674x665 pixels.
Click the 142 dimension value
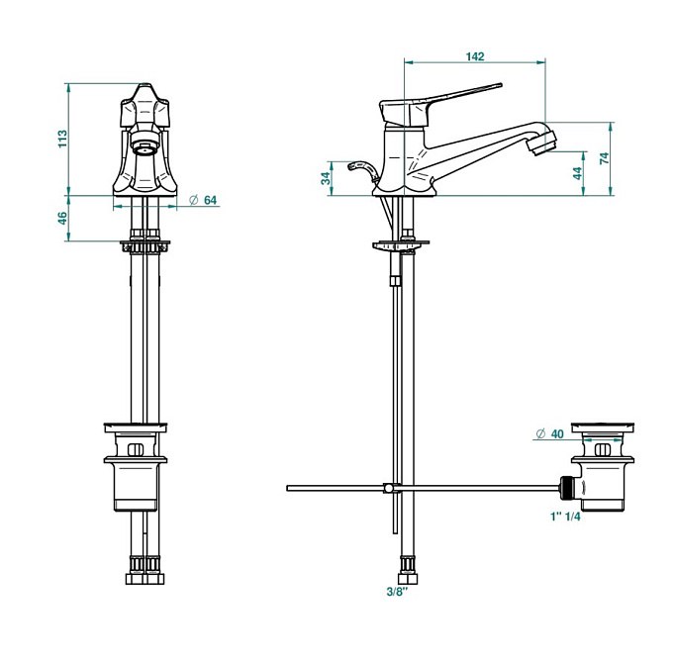pos(475,56)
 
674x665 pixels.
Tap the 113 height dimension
pos(62,139)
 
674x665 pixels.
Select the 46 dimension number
pos(62,218)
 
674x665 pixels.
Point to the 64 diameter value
pos(210,200)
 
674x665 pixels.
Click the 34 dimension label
pos(327,178)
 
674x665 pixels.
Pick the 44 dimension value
pos(577,173)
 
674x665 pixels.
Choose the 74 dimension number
pos(604,158)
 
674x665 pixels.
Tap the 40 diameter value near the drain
pos(557,433)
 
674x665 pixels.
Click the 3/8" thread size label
pos(397,592)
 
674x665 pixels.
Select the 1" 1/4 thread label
pos(565,517)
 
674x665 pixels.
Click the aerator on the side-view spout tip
pos(541,142)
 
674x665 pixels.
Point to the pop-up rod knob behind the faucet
pos(362,170)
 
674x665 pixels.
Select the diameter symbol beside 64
pos(193,200)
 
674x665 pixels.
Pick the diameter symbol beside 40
pos(540,433)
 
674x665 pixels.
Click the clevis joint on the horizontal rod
pos(389,488)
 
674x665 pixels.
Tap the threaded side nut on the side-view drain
pos(567,488)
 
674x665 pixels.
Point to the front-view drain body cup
pos(136,484)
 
